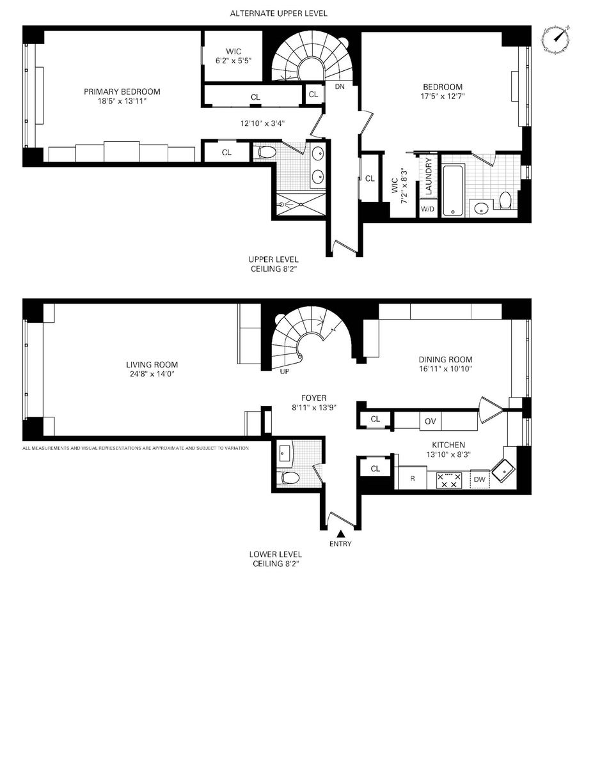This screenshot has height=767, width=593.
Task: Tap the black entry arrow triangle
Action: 340,533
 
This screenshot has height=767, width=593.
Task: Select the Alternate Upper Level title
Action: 279,13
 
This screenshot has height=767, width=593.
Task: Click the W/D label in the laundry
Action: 427,208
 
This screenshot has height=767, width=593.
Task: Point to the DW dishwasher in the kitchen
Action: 480,479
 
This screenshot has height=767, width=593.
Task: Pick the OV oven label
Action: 430,421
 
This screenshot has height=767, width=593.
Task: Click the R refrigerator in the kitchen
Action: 413,478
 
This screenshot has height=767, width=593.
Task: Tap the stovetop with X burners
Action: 449,480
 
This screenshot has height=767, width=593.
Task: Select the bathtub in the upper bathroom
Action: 453,190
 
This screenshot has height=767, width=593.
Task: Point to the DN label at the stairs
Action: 340,86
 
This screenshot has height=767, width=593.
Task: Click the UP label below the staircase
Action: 284,371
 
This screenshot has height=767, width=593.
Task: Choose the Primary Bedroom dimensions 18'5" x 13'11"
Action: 122,101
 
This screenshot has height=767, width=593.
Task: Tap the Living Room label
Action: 152,364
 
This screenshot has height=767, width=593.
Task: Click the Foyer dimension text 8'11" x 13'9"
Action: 314,408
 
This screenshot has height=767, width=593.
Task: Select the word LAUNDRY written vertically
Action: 429,176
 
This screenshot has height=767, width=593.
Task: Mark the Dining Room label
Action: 445,359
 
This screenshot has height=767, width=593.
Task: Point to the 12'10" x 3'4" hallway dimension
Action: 262,123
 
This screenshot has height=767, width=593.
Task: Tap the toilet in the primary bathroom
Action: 266,152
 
